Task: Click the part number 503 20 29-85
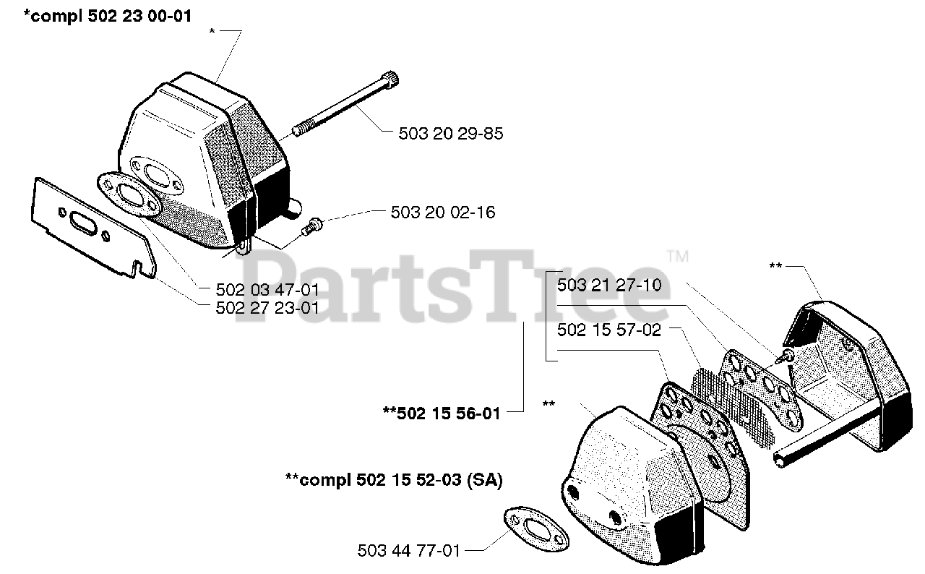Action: click(450, 134)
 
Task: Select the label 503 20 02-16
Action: click(442, 213)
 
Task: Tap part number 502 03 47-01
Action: click(267, 290)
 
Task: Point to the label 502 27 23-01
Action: click(267, 307)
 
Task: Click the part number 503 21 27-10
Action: click(608, 286)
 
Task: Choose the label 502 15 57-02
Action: click(608, 330)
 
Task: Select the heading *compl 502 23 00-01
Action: click(108, 15)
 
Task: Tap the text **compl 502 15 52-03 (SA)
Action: click(394, 480)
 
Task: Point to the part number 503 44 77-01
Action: click(408, 551)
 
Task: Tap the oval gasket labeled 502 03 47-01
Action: click(129, 195)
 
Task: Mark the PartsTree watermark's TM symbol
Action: click(677, 256)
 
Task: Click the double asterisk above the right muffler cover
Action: click(775, 267)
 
